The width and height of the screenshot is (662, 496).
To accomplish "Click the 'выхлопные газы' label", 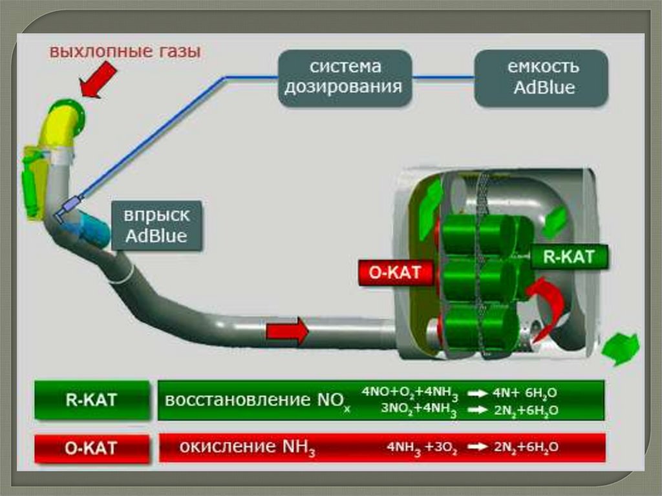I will pyautogui.click(x=125, y=50).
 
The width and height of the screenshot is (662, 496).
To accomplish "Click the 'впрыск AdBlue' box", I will pyautogui.click(x=157, y=225).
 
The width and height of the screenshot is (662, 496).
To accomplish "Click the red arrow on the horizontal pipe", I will pyautogui.click(x=287, y=332).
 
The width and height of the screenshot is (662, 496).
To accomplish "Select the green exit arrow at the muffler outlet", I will pyautogui.click(x=620, y=350).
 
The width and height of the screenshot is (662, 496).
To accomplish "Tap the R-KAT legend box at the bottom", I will pyautogui.click(x=91, y=400).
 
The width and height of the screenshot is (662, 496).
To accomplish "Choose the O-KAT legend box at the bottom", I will pyautogui.click(x=91, y=447).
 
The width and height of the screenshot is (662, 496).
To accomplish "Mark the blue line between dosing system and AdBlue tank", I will pyautogui.click(x=443, y=78).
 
